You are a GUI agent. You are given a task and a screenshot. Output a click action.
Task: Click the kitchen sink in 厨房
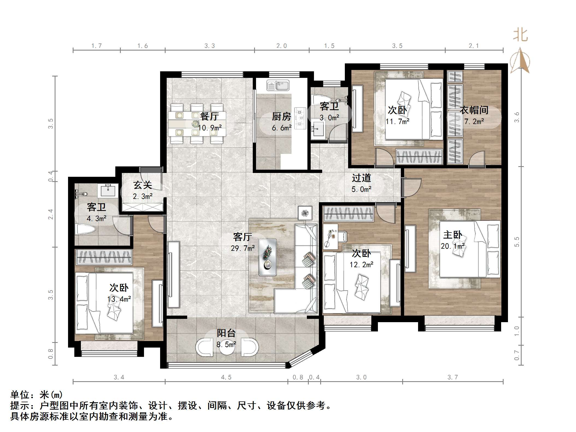point(278,86)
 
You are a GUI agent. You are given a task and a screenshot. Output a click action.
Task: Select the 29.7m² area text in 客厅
point(243,248)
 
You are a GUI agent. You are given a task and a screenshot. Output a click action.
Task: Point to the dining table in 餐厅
point(197,124)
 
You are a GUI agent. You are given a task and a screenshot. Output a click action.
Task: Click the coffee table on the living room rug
point(268,257)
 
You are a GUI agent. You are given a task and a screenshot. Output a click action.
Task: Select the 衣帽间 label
point(474,110)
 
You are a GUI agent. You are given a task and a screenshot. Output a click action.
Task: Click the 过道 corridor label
point(361,178)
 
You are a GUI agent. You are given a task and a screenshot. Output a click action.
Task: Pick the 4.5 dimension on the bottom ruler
point(226,377)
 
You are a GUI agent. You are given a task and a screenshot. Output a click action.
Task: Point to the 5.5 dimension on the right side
point(517,242)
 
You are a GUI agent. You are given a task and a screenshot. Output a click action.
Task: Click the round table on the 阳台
point(227,347)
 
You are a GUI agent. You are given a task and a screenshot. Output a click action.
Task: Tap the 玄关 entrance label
point(143,185)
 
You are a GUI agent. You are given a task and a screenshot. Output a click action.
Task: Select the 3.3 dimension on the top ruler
point(210,46)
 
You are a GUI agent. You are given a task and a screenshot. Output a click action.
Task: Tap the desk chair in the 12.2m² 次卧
point(343,236)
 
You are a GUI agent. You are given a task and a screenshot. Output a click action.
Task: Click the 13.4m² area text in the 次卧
point(119,299)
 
